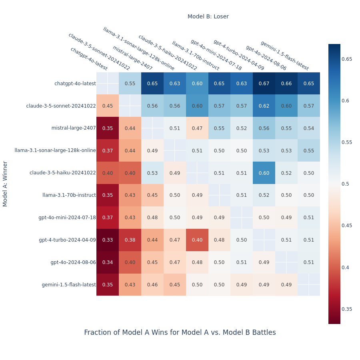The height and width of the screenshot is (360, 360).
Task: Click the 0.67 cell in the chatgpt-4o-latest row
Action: [264, 84]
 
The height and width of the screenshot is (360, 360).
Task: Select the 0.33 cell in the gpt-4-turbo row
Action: [108, 240]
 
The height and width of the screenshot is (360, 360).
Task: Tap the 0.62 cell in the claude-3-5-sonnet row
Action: [264, 106]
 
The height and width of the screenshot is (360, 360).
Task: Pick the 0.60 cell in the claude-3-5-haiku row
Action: [264, 173]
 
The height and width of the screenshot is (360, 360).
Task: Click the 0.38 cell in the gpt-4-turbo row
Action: [130, 240]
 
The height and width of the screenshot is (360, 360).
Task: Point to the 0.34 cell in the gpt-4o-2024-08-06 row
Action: [108, 262]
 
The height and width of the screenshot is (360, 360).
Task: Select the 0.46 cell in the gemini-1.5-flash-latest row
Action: [152, 285]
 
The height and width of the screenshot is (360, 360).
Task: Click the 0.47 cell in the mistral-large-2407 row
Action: [197, 128]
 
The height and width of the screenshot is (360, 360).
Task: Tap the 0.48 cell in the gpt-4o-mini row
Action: [152, 218]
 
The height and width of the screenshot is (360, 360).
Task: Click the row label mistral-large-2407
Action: [74, 128]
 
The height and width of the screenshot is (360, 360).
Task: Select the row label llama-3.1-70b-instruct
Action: [69, 195]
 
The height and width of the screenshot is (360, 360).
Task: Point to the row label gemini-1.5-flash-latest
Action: [69, 285]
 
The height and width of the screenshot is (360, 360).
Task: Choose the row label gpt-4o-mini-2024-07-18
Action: [67, 218]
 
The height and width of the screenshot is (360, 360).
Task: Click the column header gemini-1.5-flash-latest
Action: [284, 56]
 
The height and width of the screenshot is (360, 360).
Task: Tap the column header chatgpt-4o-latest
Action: [89, 59]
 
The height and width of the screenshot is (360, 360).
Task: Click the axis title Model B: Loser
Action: [208, 16]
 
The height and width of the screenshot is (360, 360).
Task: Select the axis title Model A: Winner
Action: [5, 184]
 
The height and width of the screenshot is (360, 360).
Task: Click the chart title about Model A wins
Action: [180, 332]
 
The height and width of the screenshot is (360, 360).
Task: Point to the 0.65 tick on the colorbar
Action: [346, 59]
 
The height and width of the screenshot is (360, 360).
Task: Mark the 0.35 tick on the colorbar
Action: [346, 309]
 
